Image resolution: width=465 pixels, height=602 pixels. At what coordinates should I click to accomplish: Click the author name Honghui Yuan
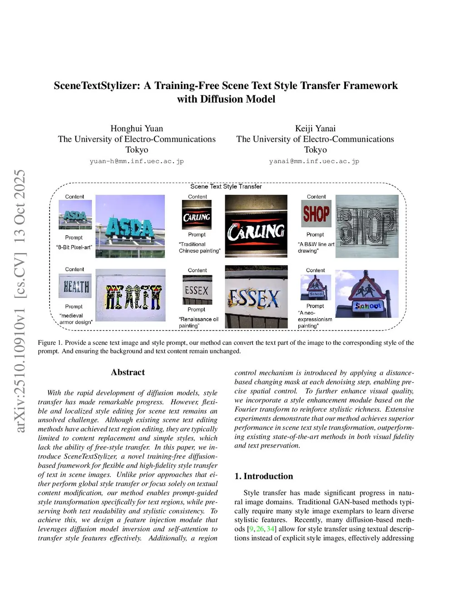[x=137, y=129]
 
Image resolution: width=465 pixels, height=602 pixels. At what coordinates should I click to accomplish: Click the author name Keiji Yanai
[x=315, y=129]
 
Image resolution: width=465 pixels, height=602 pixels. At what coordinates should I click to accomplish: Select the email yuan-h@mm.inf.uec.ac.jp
[x=137, y=161]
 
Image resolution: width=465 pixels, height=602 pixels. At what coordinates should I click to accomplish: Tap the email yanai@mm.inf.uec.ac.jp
[x=314, y=161]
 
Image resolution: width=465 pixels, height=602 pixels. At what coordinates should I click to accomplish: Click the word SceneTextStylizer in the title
[x=97, y=86]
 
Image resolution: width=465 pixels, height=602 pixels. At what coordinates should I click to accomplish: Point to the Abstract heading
[x=128, y=372]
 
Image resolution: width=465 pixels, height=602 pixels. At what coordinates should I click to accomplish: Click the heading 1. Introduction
[x=264, y=476]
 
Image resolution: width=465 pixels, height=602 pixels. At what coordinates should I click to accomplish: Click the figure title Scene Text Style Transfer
[x=226, y=186]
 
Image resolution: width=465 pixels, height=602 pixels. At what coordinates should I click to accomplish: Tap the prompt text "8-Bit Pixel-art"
[x=74, y=247]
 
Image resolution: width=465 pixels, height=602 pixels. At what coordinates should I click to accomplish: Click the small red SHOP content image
[x=316, y=214]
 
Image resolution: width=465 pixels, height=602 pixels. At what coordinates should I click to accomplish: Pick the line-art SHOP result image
[x=367, y=226]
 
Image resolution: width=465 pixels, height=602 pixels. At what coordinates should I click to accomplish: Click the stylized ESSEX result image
[x=256, y=297]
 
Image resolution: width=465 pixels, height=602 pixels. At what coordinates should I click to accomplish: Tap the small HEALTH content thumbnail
[x=75, y=286]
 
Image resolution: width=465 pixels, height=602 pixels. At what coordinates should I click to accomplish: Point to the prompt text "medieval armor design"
[x=75, y=319]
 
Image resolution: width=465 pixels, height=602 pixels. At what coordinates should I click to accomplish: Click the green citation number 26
[x=260, y=529]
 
